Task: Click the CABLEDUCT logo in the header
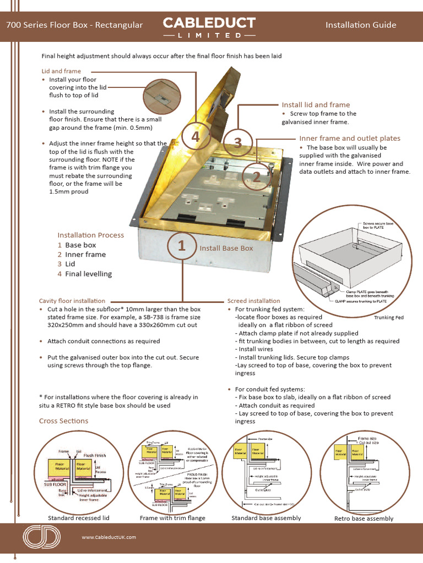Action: pyautogui.click(x=209, y=26)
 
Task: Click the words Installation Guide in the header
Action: pyautogui.click(x=361, y=25)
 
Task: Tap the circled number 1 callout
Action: pyautogui.click(x=181, y=247)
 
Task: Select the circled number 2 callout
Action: pyautogui.click(x=256, y=176)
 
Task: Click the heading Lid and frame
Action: pyautogui.click(x=61, y=71)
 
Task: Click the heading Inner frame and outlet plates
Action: pyautogui.click(x=349, y=139)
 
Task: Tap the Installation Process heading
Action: pyautogui.click(x=91, y=235)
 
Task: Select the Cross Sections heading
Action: pyautogui.click(x=63, y=421)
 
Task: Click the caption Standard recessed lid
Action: pyautogui.click(x=78, y=518)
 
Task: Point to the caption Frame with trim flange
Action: pyautogui.click(x=172, y=518)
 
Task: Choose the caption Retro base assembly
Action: pyautogui.click(x=364, y=518)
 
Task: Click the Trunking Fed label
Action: pyautogui.click(x=388, y=318)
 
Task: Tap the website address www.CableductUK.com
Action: pyautogui.click(x=109, y=537)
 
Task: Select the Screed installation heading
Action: pyautogui.click(x=253, y=301)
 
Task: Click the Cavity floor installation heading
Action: pyautogui.click(x=72, y=301)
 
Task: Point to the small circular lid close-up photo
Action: pyautogui.click(x=161, y=97)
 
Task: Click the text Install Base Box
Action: pyautogui.click(x=226, y=248)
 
